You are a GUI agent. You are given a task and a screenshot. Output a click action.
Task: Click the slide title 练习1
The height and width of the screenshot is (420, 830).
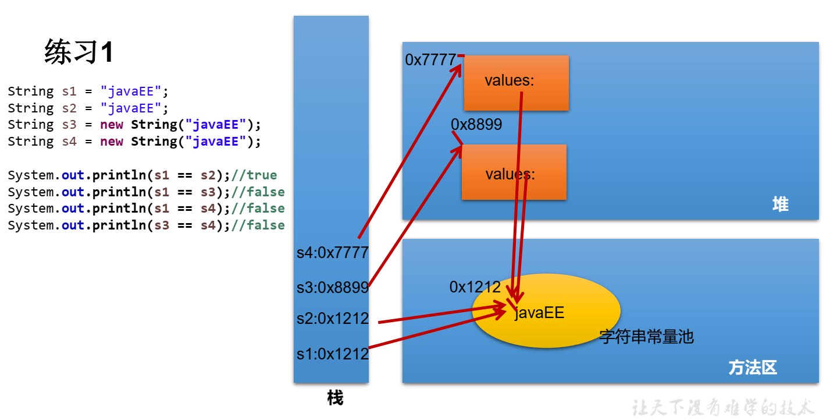(79, 52)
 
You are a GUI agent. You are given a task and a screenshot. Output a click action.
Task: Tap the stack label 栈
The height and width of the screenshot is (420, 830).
(335, 398)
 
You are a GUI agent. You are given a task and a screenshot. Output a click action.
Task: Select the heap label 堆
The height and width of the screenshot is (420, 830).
(780, 204)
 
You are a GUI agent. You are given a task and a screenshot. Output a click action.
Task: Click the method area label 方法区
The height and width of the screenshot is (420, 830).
(753, 368)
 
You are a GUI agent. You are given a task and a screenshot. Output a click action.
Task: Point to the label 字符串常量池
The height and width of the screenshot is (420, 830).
(646, 337)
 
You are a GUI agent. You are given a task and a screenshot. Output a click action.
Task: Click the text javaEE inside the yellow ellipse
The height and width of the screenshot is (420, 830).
(539, 313)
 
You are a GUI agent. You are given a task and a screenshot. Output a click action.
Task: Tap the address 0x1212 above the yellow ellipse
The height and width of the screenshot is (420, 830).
(475, 287)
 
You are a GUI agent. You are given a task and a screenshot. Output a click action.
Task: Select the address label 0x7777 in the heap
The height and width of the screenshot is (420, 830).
(430, 60)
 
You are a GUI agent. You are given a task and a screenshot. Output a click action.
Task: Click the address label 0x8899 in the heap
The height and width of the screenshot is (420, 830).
(476, 125)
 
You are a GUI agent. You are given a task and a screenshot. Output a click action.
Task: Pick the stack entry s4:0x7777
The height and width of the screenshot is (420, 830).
(333, 253)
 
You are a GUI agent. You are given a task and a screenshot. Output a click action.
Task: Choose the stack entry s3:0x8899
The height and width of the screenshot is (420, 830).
(333, 287)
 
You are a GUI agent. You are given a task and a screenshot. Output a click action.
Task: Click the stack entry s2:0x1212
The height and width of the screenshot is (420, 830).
(333, 319)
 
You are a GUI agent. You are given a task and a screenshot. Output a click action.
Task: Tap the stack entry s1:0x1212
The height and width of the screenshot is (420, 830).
(333, 354)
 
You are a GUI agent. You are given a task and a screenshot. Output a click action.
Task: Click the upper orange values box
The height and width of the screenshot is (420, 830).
(516, 83)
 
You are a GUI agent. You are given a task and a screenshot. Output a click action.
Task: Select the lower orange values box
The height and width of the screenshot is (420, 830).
(514, 172)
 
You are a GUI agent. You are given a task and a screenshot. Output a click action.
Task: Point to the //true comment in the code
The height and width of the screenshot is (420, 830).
(254, 175)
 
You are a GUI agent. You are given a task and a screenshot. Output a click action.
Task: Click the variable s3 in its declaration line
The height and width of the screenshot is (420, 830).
(69, 125)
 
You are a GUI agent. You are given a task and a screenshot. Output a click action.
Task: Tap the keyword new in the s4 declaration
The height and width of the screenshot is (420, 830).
(111, 142)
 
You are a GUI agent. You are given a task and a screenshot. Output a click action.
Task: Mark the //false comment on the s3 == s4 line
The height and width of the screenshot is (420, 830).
(258, 225)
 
